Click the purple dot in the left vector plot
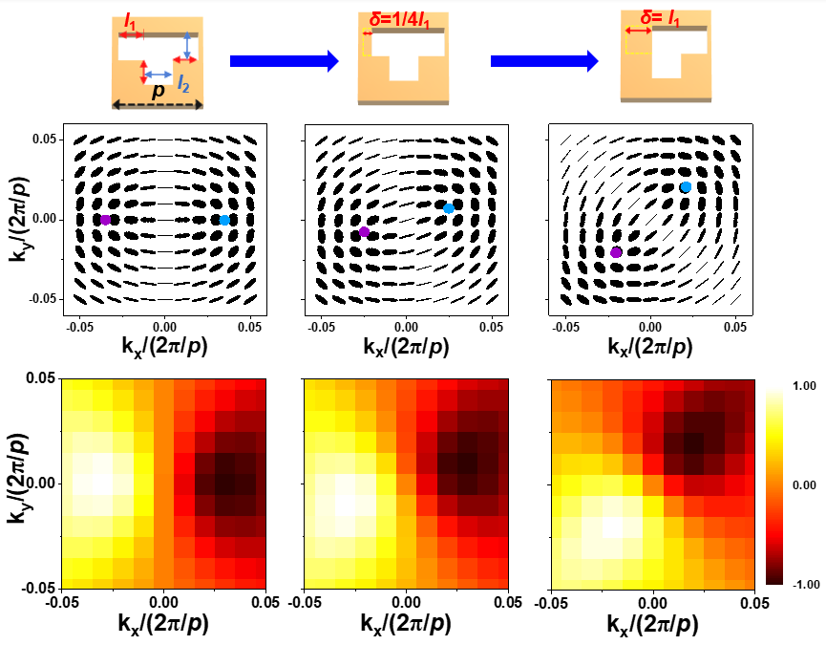[x=105, y=220]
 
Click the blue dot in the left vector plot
[x=224, y=220]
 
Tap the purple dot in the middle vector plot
[x=364, y=232]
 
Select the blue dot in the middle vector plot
[x=449, y=207]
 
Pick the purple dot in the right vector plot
[x=616, y=252]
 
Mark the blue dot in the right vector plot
[x=686, y=186]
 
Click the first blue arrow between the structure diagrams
[x=284, y=61]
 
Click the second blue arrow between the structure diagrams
[x=544, y=61]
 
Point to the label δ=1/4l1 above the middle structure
[x=402, y=16]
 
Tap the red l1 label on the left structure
[x=130, y=18]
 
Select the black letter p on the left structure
[x=158, y=92]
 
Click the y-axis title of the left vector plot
[x=19, y=220]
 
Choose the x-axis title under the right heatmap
[x=652, y=624]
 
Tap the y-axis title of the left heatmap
[x=19, y=484]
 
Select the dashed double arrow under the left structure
[x=157, y=104]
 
